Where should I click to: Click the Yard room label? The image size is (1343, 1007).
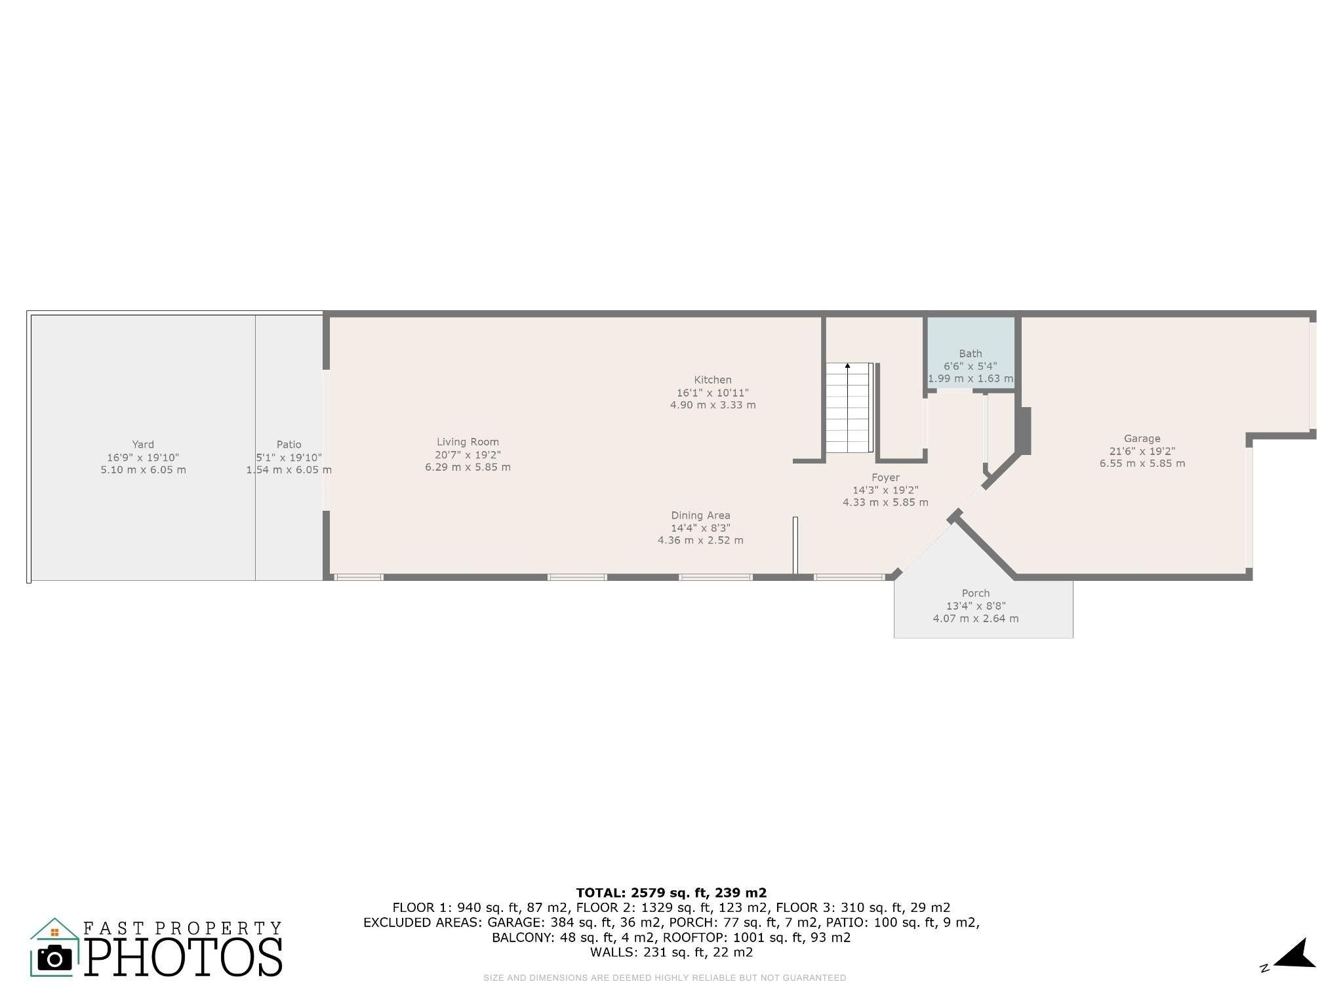(143, 444)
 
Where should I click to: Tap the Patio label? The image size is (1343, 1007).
(289, 444)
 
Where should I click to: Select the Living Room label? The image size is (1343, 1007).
(468, 443)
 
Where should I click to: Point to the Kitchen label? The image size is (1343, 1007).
(713, 380)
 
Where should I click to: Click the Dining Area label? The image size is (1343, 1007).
(700, 516)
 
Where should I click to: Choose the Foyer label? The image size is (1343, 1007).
(885, 478)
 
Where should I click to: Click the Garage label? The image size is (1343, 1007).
(1142, 439)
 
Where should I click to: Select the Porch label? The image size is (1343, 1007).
(976, 593)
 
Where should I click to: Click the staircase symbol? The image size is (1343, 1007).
(849, 408)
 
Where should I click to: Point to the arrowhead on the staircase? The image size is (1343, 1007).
(848, 366)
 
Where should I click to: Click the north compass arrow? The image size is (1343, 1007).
(1294, 954)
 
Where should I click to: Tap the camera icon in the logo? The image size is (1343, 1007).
(54, 958)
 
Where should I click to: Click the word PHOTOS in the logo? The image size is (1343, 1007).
(184, 957)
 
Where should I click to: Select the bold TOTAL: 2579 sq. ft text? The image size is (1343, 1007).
(671, 892)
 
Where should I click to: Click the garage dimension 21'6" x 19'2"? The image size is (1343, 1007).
(1142, 451)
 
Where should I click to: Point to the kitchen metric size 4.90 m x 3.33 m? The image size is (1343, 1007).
(713, 405)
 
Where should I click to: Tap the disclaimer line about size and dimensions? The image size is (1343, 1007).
(665, 977)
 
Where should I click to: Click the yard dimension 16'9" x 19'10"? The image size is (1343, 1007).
(143, 458)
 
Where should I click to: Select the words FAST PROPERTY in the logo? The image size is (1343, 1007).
(182, 928)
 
